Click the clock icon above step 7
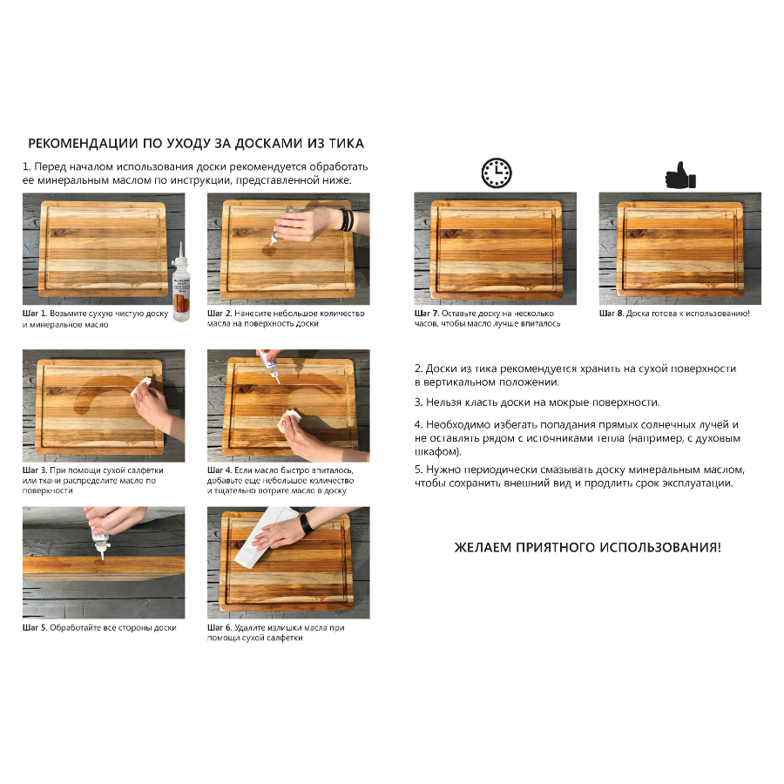click(497, 173)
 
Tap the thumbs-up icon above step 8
click(679, 175)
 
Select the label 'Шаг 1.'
click(35, 312)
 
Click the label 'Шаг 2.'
click(220, 312)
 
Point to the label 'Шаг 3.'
click(35, 470)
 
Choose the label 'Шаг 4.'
click(220, 470)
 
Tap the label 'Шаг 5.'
click(35, 627)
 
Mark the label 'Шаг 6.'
click(220, 627)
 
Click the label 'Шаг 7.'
click(427, 312)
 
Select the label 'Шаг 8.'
click(612, 312)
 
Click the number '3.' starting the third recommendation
click(419, 402)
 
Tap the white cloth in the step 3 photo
click(143, 389)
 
